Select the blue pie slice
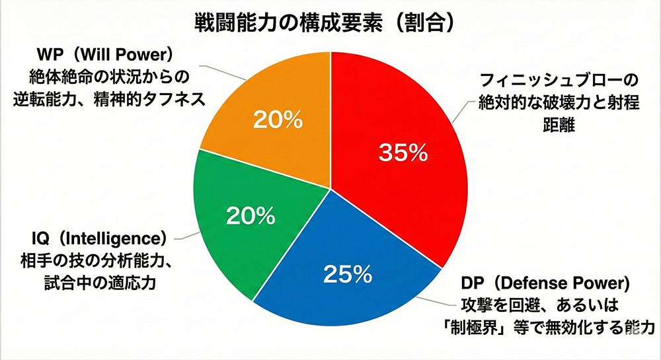(x=344, y=291)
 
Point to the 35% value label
(x=403, y=153)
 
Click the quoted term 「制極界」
(x=488, y=327)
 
